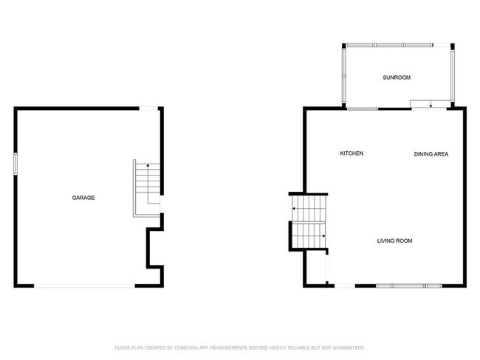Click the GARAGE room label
coord(83,198)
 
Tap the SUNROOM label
coord(396,77)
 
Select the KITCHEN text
coord(351,153)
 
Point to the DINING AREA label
coord(431,153)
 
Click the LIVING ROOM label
coord(394,241)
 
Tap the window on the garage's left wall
coord(15,163)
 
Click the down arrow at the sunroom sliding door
coord(431,105)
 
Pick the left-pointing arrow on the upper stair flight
coord(294,209)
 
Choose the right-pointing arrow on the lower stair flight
coord(323,236)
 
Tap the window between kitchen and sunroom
coord(363,109)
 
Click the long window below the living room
coord(408,285)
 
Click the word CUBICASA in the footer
coord(191,347)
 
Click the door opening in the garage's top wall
coord(149,109)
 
